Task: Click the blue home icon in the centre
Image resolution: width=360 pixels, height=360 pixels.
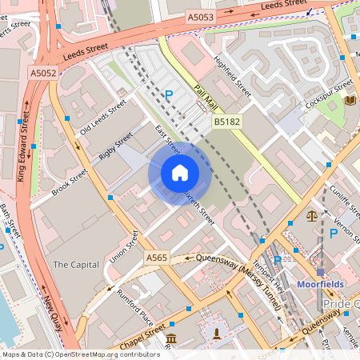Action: coord(179,172)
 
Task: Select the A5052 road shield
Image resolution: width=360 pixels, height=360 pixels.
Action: coord(43,73)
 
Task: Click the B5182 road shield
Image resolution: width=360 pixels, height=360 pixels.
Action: coord(224,122)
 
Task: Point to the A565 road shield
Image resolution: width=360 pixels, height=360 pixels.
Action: coord(157,257)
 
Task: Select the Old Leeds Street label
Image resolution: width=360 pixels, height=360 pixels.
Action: coord(103,118)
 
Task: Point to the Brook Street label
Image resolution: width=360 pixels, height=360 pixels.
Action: coord(68,182)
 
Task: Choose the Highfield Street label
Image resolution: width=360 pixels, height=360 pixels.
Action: coord(233,76)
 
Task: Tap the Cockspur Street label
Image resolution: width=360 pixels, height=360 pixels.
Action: coord(328,96)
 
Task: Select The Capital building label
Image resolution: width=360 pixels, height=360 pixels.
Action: coord(75,264)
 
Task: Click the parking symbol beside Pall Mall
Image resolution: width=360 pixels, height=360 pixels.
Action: coord(169,95)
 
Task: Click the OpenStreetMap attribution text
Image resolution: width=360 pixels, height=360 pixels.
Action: coord(81,354)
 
